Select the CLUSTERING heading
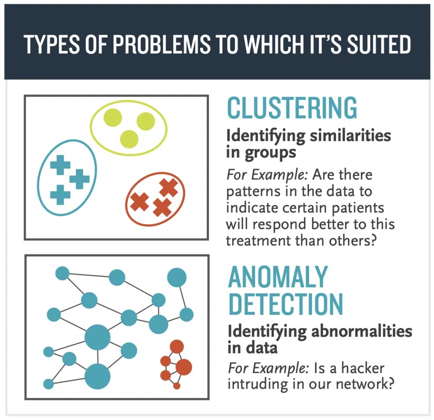click(x=292, y=108)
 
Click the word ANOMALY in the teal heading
click(x=278, y=278)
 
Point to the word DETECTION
click(x=285, y=303)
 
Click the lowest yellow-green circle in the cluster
click(x=129, y=139)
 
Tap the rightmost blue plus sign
click(x=80, y=179)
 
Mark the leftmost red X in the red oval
click(x=139, y=202)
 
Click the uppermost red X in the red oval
click(x=168, y=187)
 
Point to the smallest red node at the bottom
click(x=177, y=386)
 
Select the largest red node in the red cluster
click(x=184, y=367)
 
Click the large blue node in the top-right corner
click(x=177, y=278)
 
